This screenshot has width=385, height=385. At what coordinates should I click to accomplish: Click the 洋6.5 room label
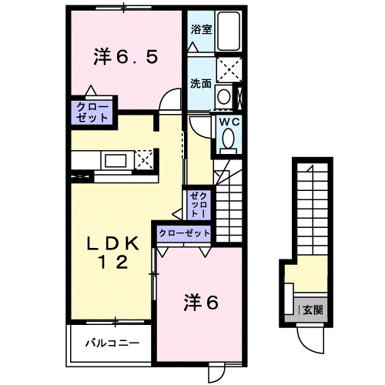click(x=126, y=57)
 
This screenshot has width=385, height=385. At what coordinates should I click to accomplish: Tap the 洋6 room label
click(x=201, y=303)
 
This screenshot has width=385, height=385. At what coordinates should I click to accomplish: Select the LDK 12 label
click(x=113, y=253)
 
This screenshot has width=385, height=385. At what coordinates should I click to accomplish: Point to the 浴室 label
click(x=201, y=29)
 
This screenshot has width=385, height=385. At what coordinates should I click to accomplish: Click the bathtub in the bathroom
click(x=229, y=31)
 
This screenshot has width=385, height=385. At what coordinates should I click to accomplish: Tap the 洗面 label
click(x=201, y=83)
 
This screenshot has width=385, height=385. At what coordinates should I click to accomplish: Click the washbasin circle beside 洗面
click(x=224, y=96)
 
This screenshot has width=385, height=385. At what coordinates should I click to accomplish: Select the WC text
click(x=229, y=122)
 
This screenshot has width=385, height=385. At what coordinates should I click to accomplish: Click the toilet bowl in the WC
click(x=228, y=138)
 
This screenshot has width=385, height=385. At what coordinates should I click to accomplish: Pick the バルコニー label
click(x=112, y=343)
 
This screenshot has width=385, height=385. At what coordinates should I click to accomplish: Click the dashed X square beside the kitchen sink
click(x=144, y=160)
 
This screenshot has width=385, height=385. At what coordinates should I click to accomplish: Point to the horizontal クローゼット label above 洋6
click(x=184, y=233)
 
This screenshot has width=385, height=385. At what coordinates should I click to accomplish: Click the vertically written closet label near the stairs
click(x=199, y=205)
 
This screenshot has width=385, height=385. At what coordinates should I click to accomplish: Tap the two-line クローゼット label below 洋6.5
click(x=92, y=113)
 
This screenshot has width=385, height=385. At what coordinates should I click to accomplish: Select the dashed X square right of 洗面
click(x=229, y=70)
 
